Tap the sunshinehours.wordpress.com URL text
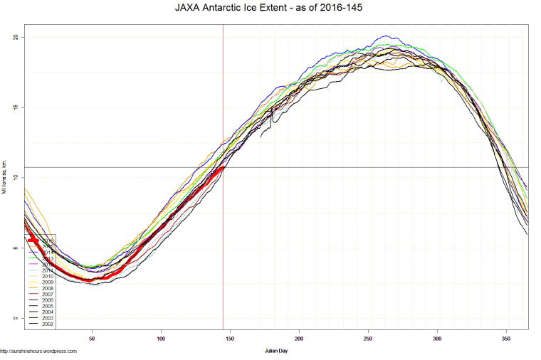38,351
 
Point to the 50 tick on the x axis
92,339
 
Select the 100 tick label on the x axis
161,339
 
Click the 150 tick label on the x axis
230,339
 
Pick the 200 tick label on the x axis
299,339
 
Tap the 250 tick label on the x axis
368,339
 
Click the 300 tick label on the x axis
437,339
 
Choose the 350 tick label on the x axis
506,339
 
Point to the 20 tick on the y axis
16,37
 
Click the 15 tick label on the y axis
16,107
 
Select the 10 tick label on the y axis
16,178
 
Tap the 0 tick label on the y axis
16,318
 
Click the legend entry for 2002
46,324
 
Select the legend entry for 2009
46,282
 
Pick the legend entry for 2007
46,294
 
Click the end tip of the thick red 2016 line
223,168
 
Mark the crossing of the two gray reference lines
224,167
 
